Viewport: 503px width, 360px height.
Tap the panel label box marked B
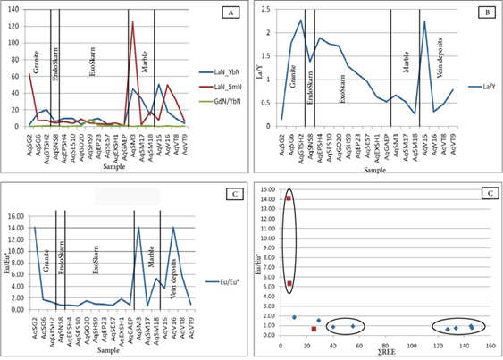[482, 13]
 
